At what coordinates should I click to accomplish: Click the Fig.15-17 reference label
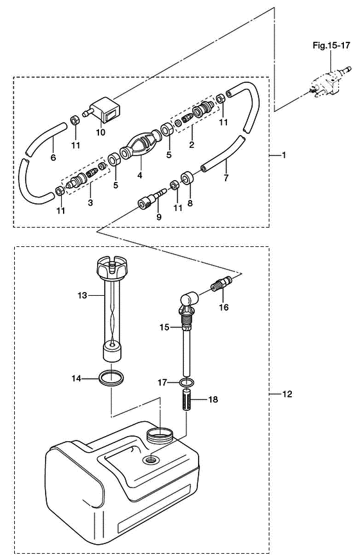point(331,45)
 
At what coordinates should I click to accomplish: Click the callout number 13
point(82,295)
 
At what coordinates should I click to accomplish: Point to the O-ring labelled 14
point(111,378)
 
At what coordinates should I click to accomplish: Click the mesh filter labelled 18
point(186,399)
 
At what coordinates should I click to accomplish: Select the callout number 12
point(287,394)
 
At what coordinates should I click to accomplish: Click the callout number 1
point(283,155)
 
